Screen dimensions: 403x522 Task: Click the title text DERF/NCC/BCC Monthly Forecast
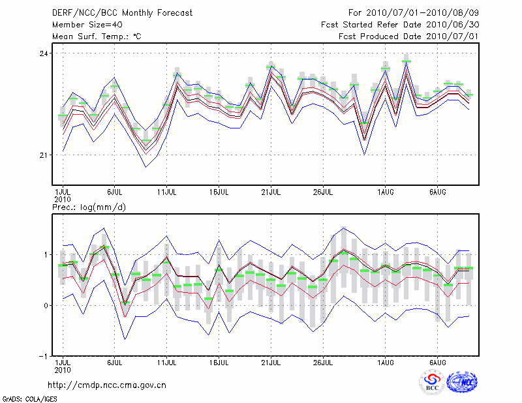pyautogui.click(x=122, y=12)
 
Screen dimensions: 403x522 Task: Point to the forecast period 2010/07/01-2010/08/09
pyautogui.click(x=412, y=12)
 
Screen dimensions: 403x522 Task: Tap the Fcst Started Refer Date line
pyautogui.click(x=401, y=24)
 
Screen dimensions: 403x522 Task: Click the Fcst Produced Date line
pyautogui.click(x=408, y=36)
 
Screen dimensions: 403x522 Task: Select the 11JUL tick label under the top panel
pyautogui.click(x=167, y=192)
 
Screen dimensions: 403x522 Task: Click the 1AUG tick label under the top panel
pyautogui.click(x=385, y=192)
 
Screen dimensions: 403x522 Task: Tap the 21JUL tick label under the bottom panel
pyautogui.click(x=271, y=362)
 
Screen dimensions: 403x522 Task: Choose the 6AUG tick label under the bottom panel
pyautogui.click(x=437, y=362)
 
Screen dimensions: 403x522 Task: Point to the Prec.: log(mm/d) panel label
pyautogui.click(x=89, y=207)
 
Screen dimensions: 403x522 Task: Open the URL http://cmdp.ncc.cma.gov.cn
pyautogui.click(x=108, y=385)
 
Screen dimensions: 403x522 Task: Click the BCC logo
pyautogui.click(x=432, y=383)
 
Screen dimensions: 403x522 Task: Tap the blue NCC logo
pyautogui.click(x=462, y=383)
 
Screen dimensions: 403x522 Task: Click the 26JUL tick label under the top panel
pyautogui.click(x=323, y=192)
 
